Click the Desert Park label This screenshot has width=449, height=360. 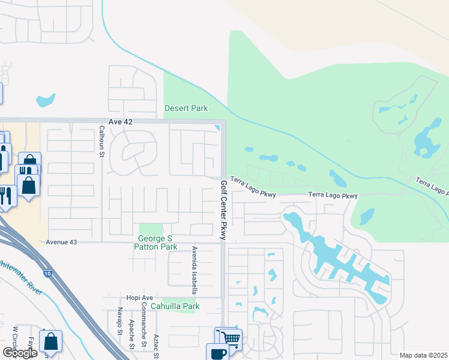tap(186, 109)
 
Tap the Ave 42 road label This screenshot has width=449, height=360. tap(119, 122)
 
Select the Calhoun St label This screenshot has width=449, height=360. tap(102, 145)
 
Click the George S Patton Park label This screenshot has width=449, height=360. tap(155, 242)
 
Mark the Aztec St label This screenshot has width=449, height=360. tap(155, 346)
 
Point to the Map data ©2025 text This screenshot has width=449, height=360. tap(424, 355)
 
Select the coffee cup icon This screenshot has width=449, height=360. tap(217, 352)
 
